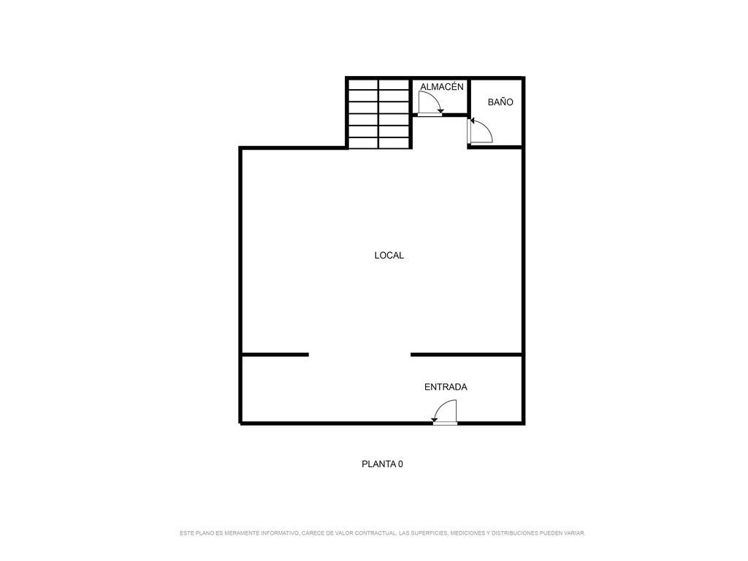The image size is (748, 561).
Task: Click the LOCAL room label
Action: point(389,256)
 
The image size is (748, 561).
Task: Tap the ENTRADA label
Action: point(446,387)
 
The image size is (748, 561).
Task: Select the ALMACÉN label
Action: point(442,86)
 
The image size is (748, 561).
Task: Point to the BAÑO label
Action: point(500,102)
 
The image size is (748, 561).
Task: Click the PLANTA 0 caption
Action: point(382,464)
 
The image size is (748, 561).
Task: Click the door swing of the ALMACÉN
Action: point(430,102)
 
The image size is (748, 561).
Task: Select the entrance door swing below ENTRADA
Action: point(445,412)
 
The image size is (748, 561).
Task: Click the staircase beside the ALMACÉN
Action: point(379,114)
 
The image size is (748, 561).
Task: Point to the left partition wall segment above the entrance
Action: point(275,354)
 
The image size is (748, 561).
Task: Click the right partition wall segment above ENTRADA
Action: point(467,354)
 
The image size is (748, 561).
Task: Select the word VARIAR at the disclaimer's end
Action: point(574,533)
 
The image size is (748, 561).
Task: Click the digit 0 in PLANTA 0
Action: point(401,464)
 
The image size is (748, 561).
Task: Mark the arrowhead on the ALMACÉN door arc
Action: point(440,112)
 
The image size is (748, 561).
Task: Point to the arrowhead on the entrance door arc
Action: point(435,419)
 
